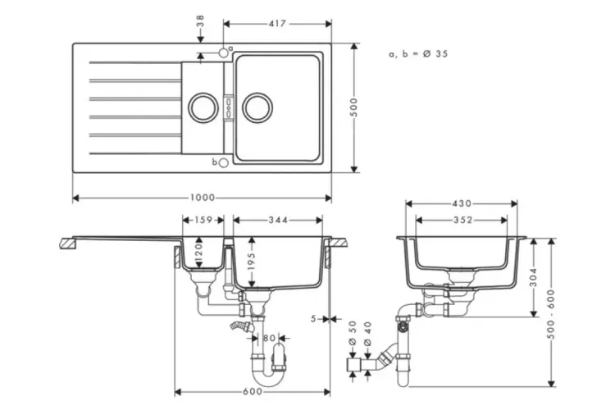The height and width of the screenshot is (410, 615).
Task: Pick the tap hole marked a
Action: [x=223, y=53]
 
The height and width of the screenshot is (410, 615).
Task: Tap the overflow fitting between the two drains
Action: [x=229, y=107]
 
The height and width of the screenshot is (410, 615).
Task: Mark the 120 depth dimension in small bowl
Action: [x=198, y=254]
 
